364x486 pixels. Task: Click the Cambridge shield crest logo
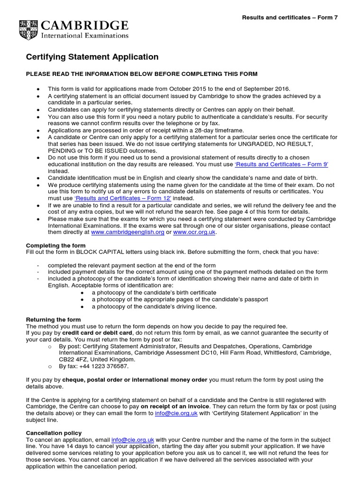[x=29, y=29]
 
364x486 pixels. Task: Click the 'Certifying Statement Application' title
[x=92, y=57]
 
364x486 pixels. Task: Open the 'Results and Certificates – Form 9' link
[x=282, y=164]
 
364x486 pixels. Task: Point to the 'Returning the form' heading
[x=53, y=319]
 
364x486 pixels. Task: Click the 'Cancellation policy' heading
[x=54, y=433]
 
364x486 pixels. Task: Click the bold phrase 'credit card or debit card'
[x=96, y=333]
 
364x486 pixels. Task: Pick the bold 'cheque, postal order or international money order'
[x=135, y=380]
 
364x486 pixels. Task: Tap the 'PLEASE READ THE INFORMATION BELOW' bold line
[x=142, y=74]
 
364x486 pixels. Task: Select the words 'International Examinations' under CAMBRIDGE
[x=85, y=35]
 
